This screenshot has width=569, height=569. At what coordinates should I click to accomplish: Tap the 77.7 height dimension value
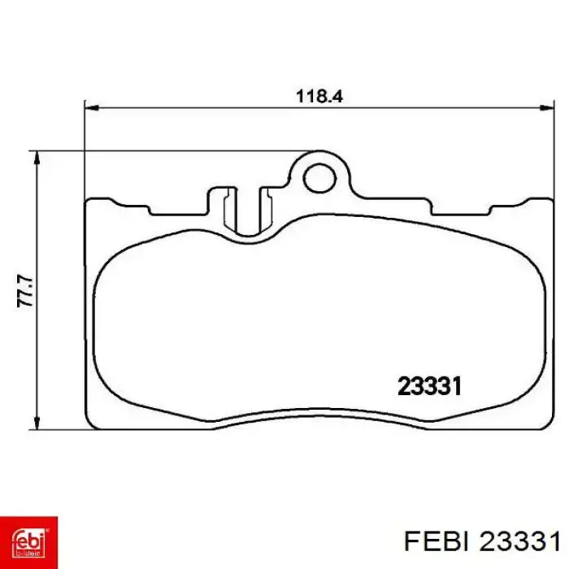click(x=27, y=290)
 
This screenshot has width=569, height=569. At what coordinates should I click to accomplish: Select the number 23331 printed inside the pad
click(x=429, y=386)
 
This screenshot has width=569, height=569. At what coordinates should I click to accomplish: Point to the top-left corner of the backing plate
click(x=89, y=200)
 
